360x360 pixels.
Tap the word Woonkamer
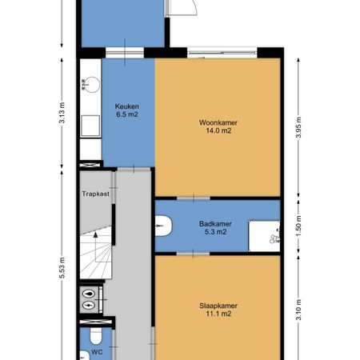pos(218,122)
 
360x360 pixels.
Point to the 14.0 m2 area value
pos(218,131)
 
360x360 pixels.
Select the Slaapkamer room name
pos(218,306)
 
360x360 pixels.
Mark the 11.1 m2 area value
pos(218,314)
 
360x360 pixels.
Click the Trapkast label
pos(96,194)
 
